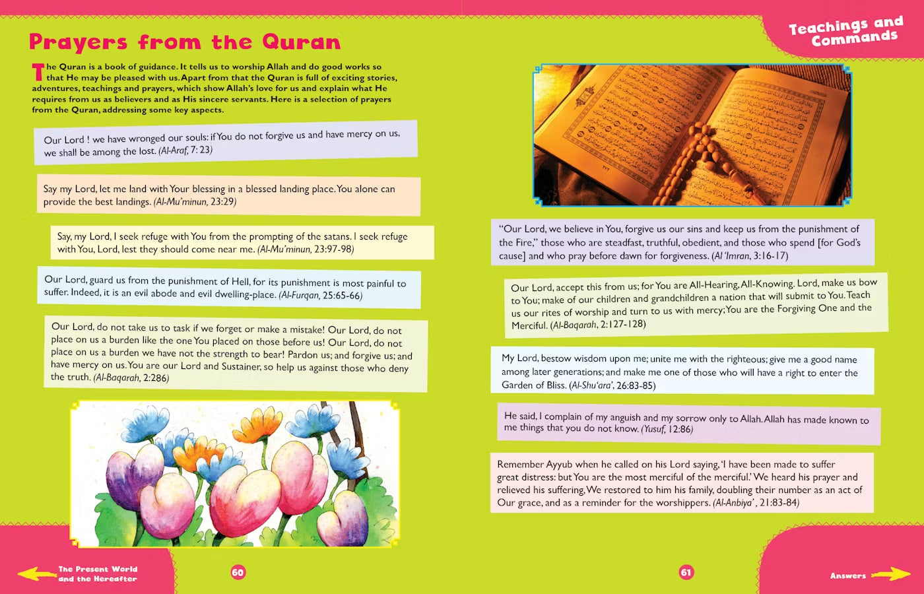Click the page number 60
(238, 572)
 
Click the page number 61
(686, 572)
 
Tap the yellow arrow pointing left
(36, 574)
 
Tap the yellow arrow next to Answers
(891, 574)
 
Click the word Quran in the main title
(302, 42)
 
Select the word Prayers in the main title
(78, 42)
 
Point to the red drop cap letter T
(38, 72)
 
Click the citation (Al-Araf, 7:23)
(185, 150)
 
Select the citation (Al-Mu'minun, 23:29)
(195, 201)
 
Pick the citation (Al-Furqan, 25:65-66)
(321, 295)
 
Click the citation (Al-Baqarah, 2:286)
(131, 378)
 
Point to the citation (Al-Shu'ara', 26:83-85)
(612, 385)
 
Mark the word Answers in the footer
(848, 576)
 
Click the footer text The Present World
(98, 569)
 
